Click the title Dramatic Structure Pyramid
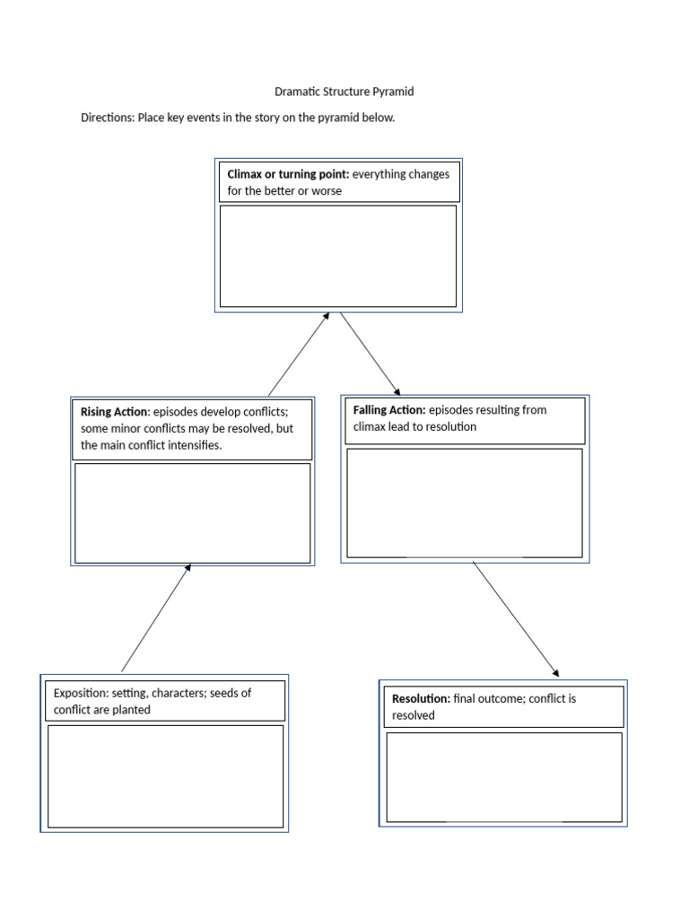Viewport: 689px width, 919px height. (344, 92)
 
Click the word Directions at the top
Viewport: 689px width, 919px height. (107, 118)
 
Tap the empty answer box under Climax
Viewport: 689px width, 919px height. (338, 256)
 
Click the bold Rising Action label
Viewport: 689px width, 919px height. (113, 412)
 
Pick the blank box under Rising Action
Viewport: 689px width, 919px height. (192, 513)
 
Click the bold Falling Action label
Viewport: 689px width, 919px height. (389, 410)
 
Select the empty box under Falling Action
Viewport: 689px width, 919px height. (464, 503)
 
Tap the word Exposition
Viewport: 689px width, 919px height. (80, 693)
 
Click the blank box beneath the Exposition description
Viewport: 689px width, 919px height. (165, 776)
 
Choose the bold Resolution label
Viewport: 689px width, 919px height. (421, 698)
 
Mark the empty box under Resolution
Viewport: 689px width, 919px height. (503, 777)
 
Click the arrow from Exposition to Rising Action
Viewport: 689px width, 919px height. (155, 619)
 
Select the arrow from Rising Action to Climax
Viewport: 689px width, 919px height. (298, 355)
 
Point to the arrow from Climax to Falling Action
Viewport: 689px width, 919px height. (370, 354)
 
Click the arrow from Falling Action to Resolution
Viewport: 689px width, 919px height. (515, 619)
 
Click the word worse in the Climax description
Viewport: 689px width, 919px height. (327, 191)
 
